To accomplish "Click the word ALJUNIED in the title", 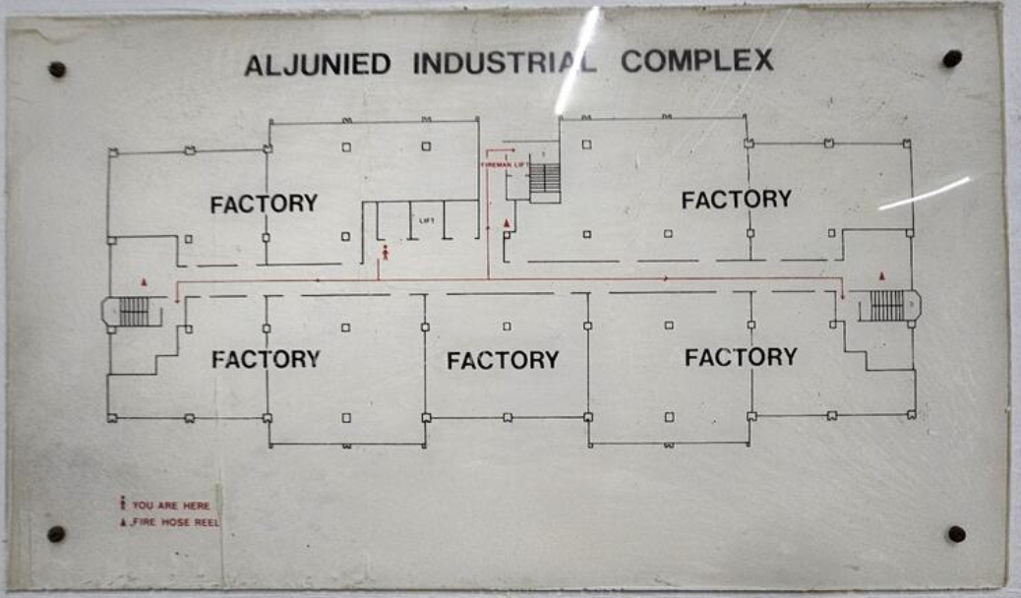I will click(x=317, y=64).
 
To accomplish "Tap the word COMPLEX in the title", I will click(x=696, y=61).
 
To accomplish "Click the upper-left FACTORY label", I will click(x=264, y=204).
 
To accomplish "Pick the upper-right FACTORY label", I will click(x=736, y=200).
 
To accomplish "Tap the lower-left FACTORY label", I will click(x=266, y=359).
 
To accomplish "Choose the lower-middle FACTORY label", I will click(x=503, y=361).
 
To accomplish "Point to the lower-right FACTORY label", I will click(x=741, y=357).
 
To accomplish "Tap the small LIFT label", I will click(x=426, y=220).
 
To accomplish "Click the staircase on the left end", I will click(x=134, y=311).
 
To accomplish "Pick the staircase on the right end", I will click(x=886, y=306).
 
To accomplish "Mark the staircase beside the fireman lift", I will click(x=544, y=180).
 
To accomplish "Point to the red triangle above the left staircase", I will click(x=144, y=282).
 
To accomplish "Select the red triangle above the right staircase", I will click(x=882, y=276).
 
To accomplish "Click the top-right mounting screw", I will click(x=951, y=59).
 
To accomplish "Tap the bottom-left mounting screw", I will click(x=56, y=534).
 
